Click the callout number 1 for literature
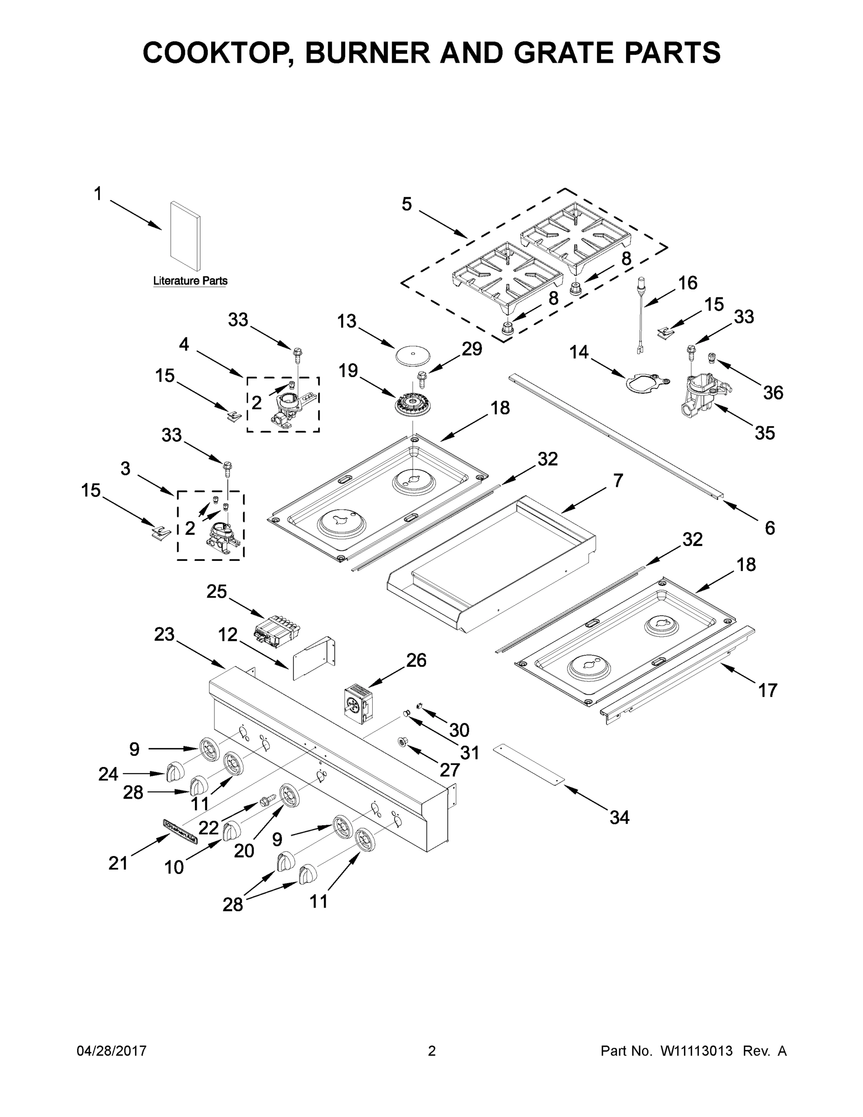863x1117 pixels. tap(98, 195)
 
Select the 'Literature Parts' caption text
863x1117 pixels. tap(190, 281)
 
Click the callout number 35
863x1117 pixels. tap(765, 433)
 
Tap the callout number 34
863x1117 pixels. tap(619, 817)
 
